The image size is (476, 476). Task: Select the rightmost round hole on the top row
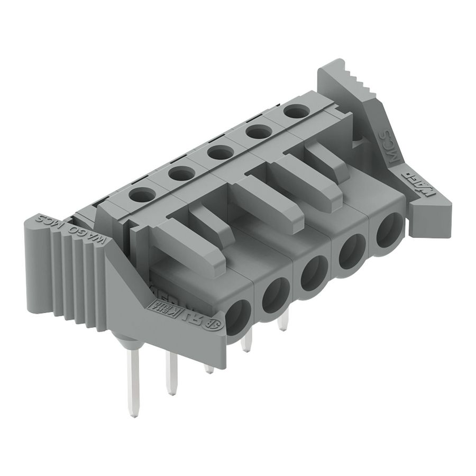(297, 111)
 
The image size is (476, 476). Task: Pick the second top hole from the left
(181, 173)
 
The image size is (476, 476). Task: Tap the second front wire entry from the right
(351, 251)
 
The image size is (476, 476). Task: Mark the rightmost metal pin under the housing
(283, 320)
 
